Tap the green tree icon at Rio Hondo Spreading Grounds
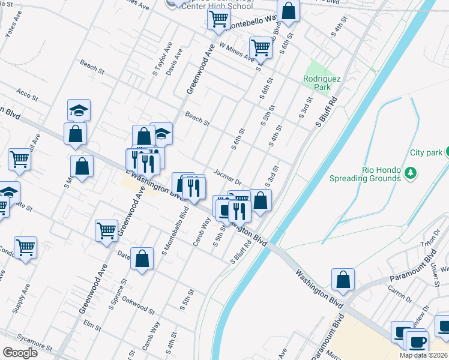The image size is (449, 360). tap(410, 173)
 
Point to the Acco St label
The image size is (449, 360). tap(27, 94)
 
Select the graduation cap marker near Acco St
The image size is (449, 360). tap(79, 110)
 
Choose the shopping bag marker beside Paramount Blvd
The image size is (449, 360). tap(343, 280)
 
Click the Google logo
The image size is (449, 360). tap(20, 352)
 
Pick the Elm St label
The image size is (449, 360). tap(92, 326)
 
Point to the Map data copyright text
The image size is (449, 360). tap(424, 355)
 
